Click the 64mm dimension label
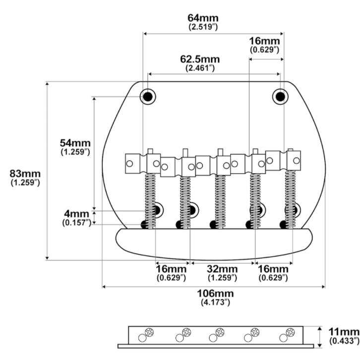click(x=203, y=18)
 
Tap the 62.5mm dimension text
click(x=200, y=59)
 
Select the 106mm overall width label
click(x=215, y=293)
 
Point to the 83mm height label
click(x=25, y=174)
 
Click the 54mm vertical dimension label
click(x=75, y=143)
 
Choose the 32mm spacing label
click(x=222, y=269)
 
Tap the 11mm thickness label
click(x=344, y=332)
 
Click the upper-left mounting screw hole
click(x=148, y=97)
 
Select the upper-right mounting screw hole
click(x=280, y=97)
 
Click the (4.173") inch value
click(x=215, y=302)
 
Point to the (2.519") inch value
click(x=203, y=27)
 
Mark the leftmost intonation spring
click(x=150, y=201)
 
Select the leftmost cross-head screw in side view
click(x=149, y=332)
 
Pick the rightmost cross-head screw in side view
click(x=290, y=332)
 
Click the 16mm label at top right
click(x=264, y=41)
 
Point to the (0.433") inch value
click(x=344, y=341)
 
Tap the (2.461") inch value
click(x=200, y=68)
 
